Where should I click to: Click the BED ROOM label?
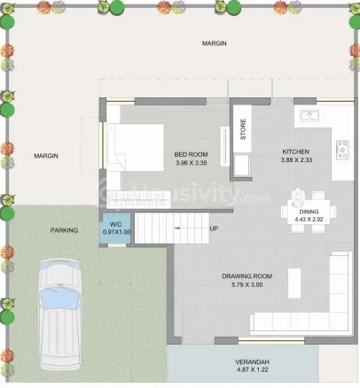pyautogui.click(x=191, y=154)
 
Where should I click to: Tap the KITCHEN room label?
pyautogui.click(x=296, y=151)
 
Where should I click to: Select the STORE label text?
pyautogui.click(x=243, y=129)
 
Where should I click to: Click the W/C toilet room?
pyautogui.click(x=115, y=228)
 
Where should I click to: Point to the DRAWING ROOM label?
pyautogui.click(x=247, y=276)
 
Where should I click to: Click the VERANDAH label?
pyautogui.click(x=253, y=361)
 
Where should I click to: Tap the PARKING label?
pyautogui.click(x=64, y=230)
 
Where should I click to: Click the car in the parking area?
pyautogui.click(x=60, y=314)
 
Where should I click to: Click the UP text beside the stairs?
pyautogui.click(x=214, y=229)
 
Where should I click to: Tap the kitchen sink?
pyautogui.click(x=309, y=115)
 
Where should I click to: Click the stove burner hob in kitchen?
pyautogui.click(x=342, y=151)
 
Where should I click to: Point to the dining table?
pyautogui.click(x=309, y=212)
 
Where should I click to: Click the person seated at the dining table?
pyautogui.click(x=297, y=197)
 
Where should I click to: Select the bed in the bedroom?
pyautogui.click(x=135, y=147)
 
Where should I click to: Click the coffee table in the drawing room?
pyautogui.click(x=294, y=283)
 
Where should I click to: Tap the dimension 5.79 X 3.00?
pyautogui.click(x=247, y=285)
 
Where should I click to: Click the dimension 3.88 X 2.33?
pyautogui.click(x=296, y=160)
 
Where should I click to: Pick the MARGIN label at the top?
pyautogui.click(x=215, y=43)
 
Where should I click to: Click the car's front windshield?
pyautogui.click(x=60, y=299)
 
